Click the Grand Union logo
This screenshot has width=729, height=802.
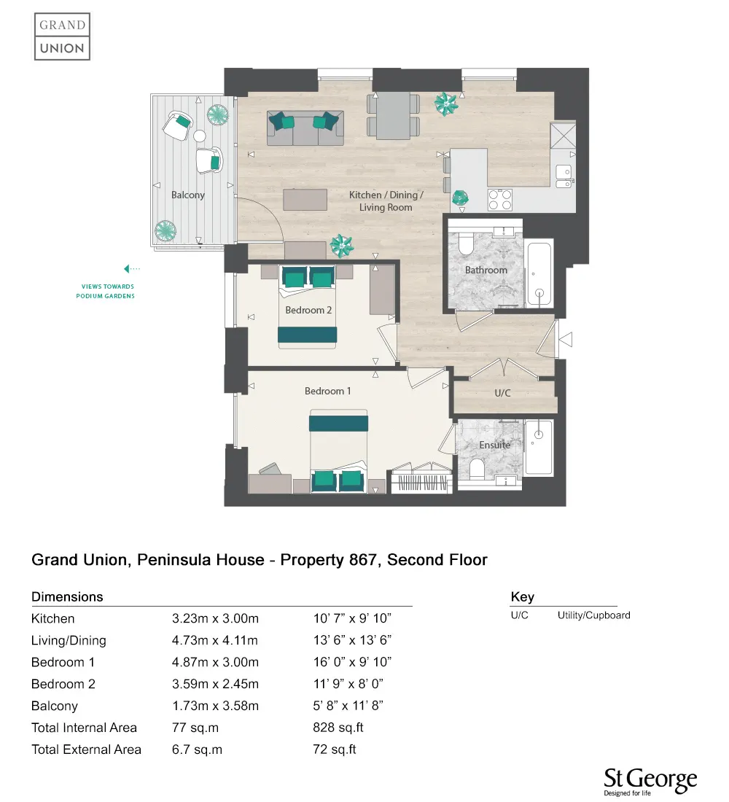[62, 36]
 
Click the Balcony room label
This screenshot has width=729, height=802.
[188, 195]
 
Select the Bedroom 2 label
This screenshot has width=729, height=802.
[308, 310]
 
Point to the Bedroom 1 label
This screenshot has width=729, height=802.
[327, 391]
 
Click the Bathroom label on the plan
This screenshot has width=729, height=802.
[486, 270]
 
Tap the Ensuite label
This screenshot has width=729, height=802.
[494, 445]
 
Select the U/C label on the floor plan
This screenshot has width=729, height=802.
[502, 393]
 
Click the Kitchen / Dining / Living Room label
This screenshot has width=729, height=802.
[385, 201]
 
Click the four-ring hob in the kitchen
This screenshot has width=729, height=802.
[499, 200]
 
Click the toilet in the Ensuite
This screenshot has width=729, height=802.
[477, 469]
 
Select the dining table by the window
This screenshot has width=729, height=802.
[394, 116]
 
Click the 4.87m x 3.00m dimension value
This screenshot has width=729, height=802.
[215, 662]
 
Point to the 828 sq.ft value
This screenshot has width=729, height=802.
[338, 728]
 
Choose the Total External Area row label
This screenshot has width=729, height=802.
[86, 750]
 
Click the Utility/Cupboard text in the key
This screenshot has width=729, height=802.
[593, 615]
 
